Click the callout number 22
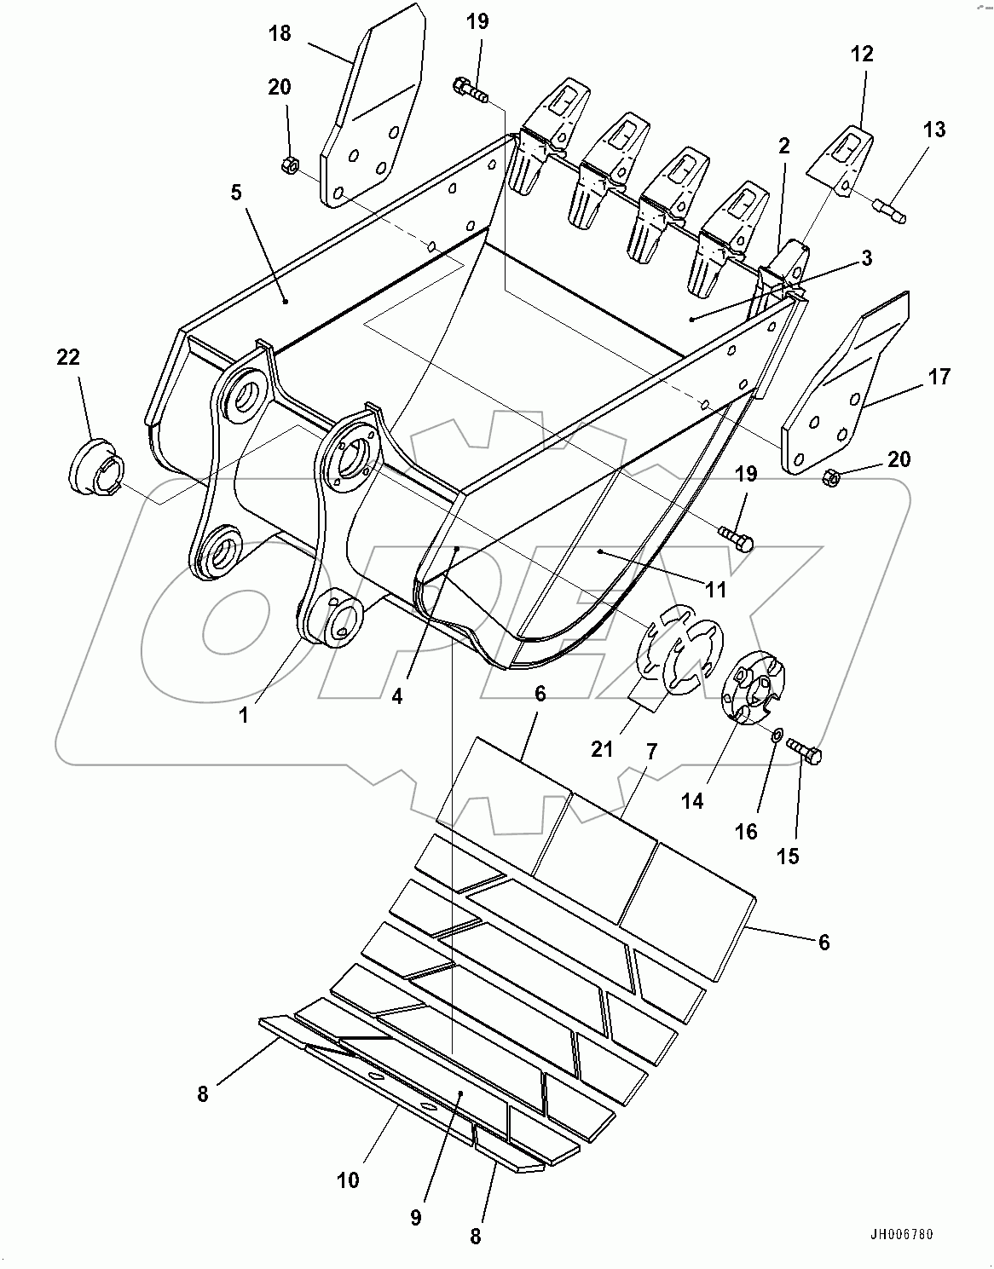coord(68,357)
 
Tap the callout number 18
coord(280,33)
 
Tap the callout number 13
coord(934,130)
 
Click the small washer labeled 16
coord(777,735)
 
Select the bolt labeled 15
coord(805,752)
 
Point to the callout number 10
coord(348,1180)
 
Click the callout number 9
coord(415,1218)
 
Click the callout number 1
coord(244,716)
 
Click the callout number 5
coord(235,192)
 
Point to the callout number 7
coord(651,752)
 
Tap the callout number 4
coord(397,695)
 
